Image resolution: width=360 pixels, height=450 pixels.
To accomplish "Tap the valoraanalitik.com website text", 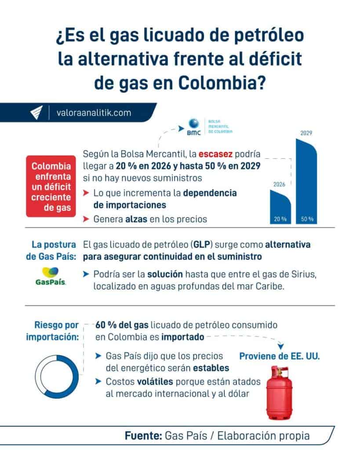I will (94, 112).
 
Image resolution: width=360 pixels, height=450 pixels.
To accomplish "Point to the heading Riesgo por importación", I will (52, 331).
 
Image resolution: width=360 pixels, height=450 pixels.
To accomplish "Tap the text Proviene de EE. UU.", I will (279, 356).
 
